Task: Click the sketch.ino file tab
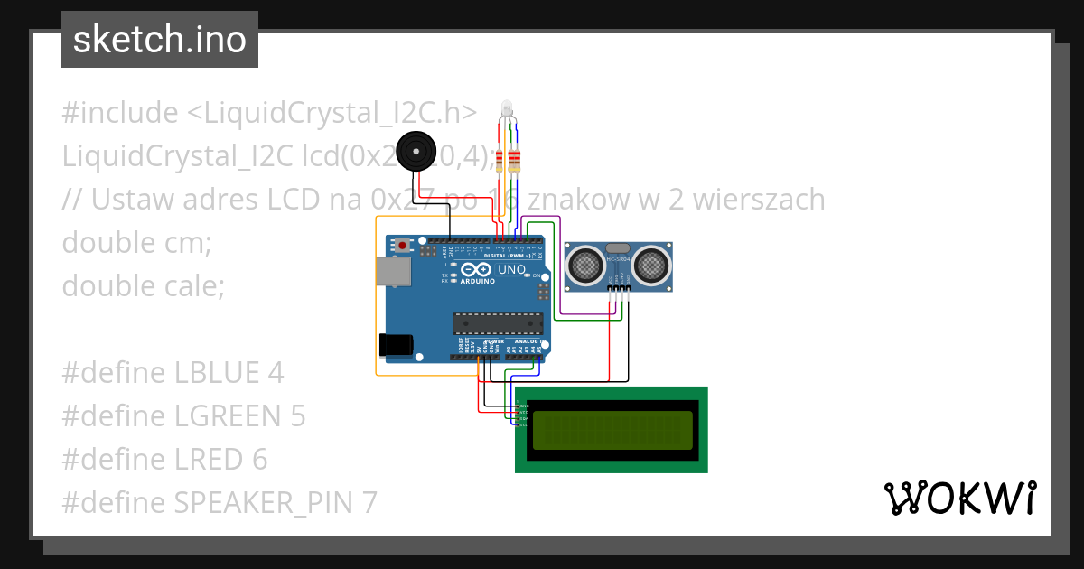click(159, 40)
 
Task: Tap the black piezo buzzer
click(416, 150)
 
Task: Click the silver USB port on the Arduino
click(393, 270)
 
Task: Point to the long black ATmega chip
click(498, 322)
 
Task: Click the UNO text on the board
click(512, 269)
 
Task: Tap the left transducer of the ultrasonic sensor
click(584, 265)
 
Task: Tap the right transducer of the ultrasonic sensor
click(651, 265)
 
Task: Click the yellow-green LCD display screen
click(612, 430)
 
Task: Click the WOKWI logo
click(959, 499)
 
